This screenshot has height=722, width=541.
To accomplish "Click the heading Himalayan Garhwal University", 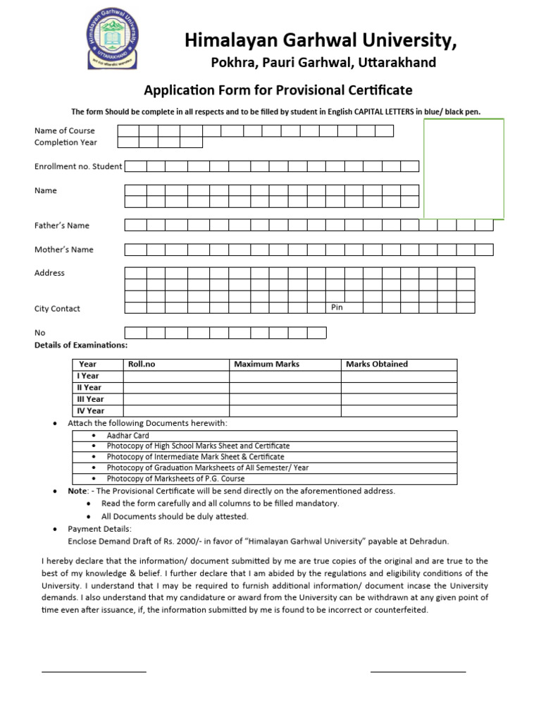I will (321, 42).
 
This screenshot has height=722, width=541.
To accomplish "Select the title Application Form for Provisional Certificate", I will (278, 90).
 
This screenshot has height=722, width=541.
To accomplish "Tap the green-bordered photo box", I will (464, 169).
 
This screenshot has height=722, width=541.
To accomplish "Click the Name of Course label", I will (65, 130).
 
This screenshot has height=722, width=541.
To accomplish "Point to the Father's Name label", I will (62, 226).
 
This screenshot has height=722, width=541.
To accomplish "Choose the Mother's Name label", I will (64, 250).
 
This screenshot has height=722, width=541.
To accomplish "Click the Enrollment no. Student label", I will (78, 166).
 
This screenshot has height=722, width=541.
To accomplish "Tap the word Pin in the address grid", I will (337, 307).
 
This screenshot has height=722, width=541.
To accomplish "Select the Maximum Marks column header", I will (266, 365).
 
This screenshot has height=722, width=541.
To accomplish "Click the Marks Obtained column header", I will (377, 365).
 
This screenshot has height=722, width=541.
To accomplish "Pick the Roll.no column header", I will (142, 365).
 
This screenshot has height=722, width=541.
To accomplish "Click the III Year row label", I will (90, 399).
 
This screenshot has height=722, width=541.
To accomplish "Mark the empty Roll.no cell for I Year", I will (176, 376).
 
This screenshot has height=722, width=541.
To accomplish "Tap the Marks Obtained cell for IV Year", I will (399, 410).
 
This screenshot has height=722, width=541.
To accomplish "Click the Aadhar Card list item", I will (128, 436).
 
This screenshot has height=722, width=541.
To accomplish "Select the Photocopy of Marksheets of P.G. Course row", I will (175, 479).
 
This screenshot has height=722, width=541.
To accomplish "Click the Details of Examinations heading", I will (81, 345).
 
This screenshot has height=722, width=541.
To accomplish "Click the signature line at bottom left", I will (94, 672).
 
